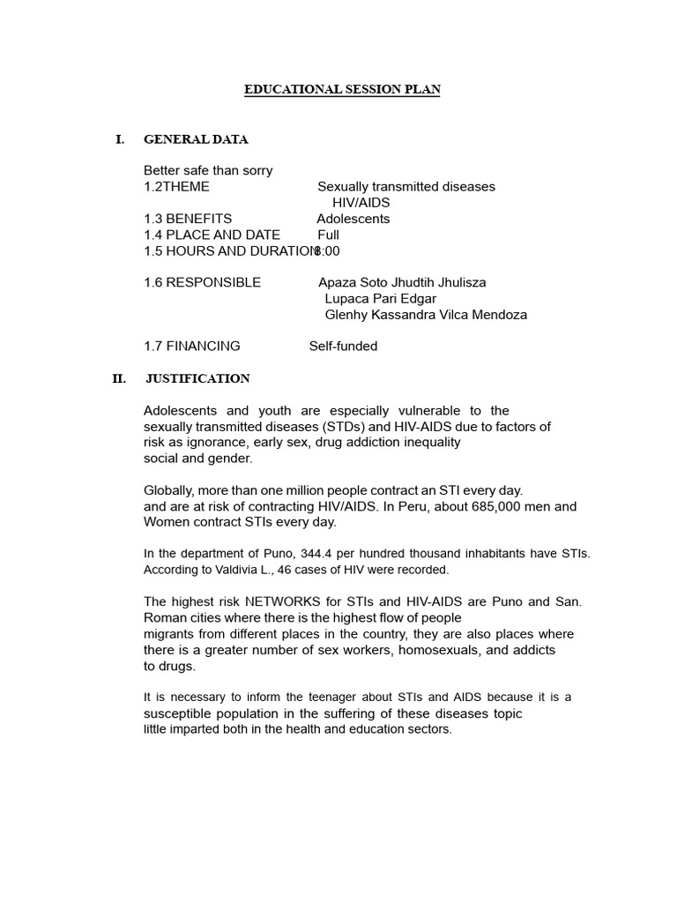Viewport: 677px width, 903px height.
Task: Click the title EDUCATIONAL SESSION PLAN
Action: coord(342,90)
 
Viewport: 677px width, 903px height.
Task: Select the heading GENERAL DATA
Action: coord(196,139)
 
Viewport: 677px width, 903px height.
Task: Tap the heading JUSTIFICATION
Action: coord(197,379)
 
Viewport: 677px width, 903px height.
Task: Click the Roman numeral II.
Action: coord(119,379)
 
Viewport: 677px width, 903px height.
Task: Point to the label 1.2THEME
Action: coord(176,187)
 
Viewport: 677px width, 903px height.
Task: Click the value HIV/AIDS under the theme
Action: coord(361,203)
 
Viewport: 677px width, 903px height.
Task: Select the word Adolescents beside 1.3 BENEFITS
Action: coord(353,219)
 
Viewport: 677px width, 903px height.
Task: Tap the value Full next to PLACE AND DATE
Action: coord(328,235)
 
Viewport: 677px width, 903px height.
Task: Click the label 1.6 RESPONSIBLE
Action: coord(202,283)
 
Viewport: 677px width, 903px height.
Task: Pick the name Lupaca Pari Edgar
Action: coord(381,299)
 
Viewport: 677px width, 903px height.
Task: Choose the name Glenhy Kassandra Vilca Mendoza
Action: coord(426,315)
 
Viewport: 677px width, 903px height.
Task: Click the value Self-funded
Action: coord(343,347)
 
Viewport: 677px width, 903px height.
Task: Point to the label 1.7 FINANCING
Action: coord(191,347)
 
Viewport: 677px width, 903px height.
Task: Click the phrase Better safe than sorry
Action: coord(208,171)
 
